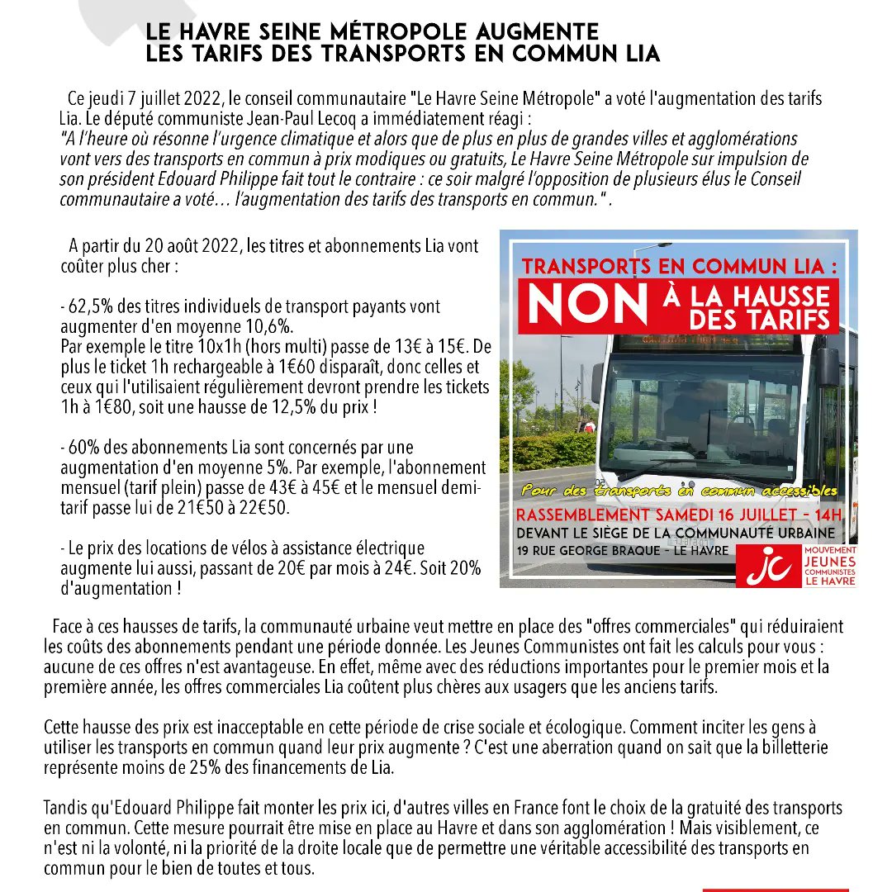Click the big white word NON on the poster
[587, 306]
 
